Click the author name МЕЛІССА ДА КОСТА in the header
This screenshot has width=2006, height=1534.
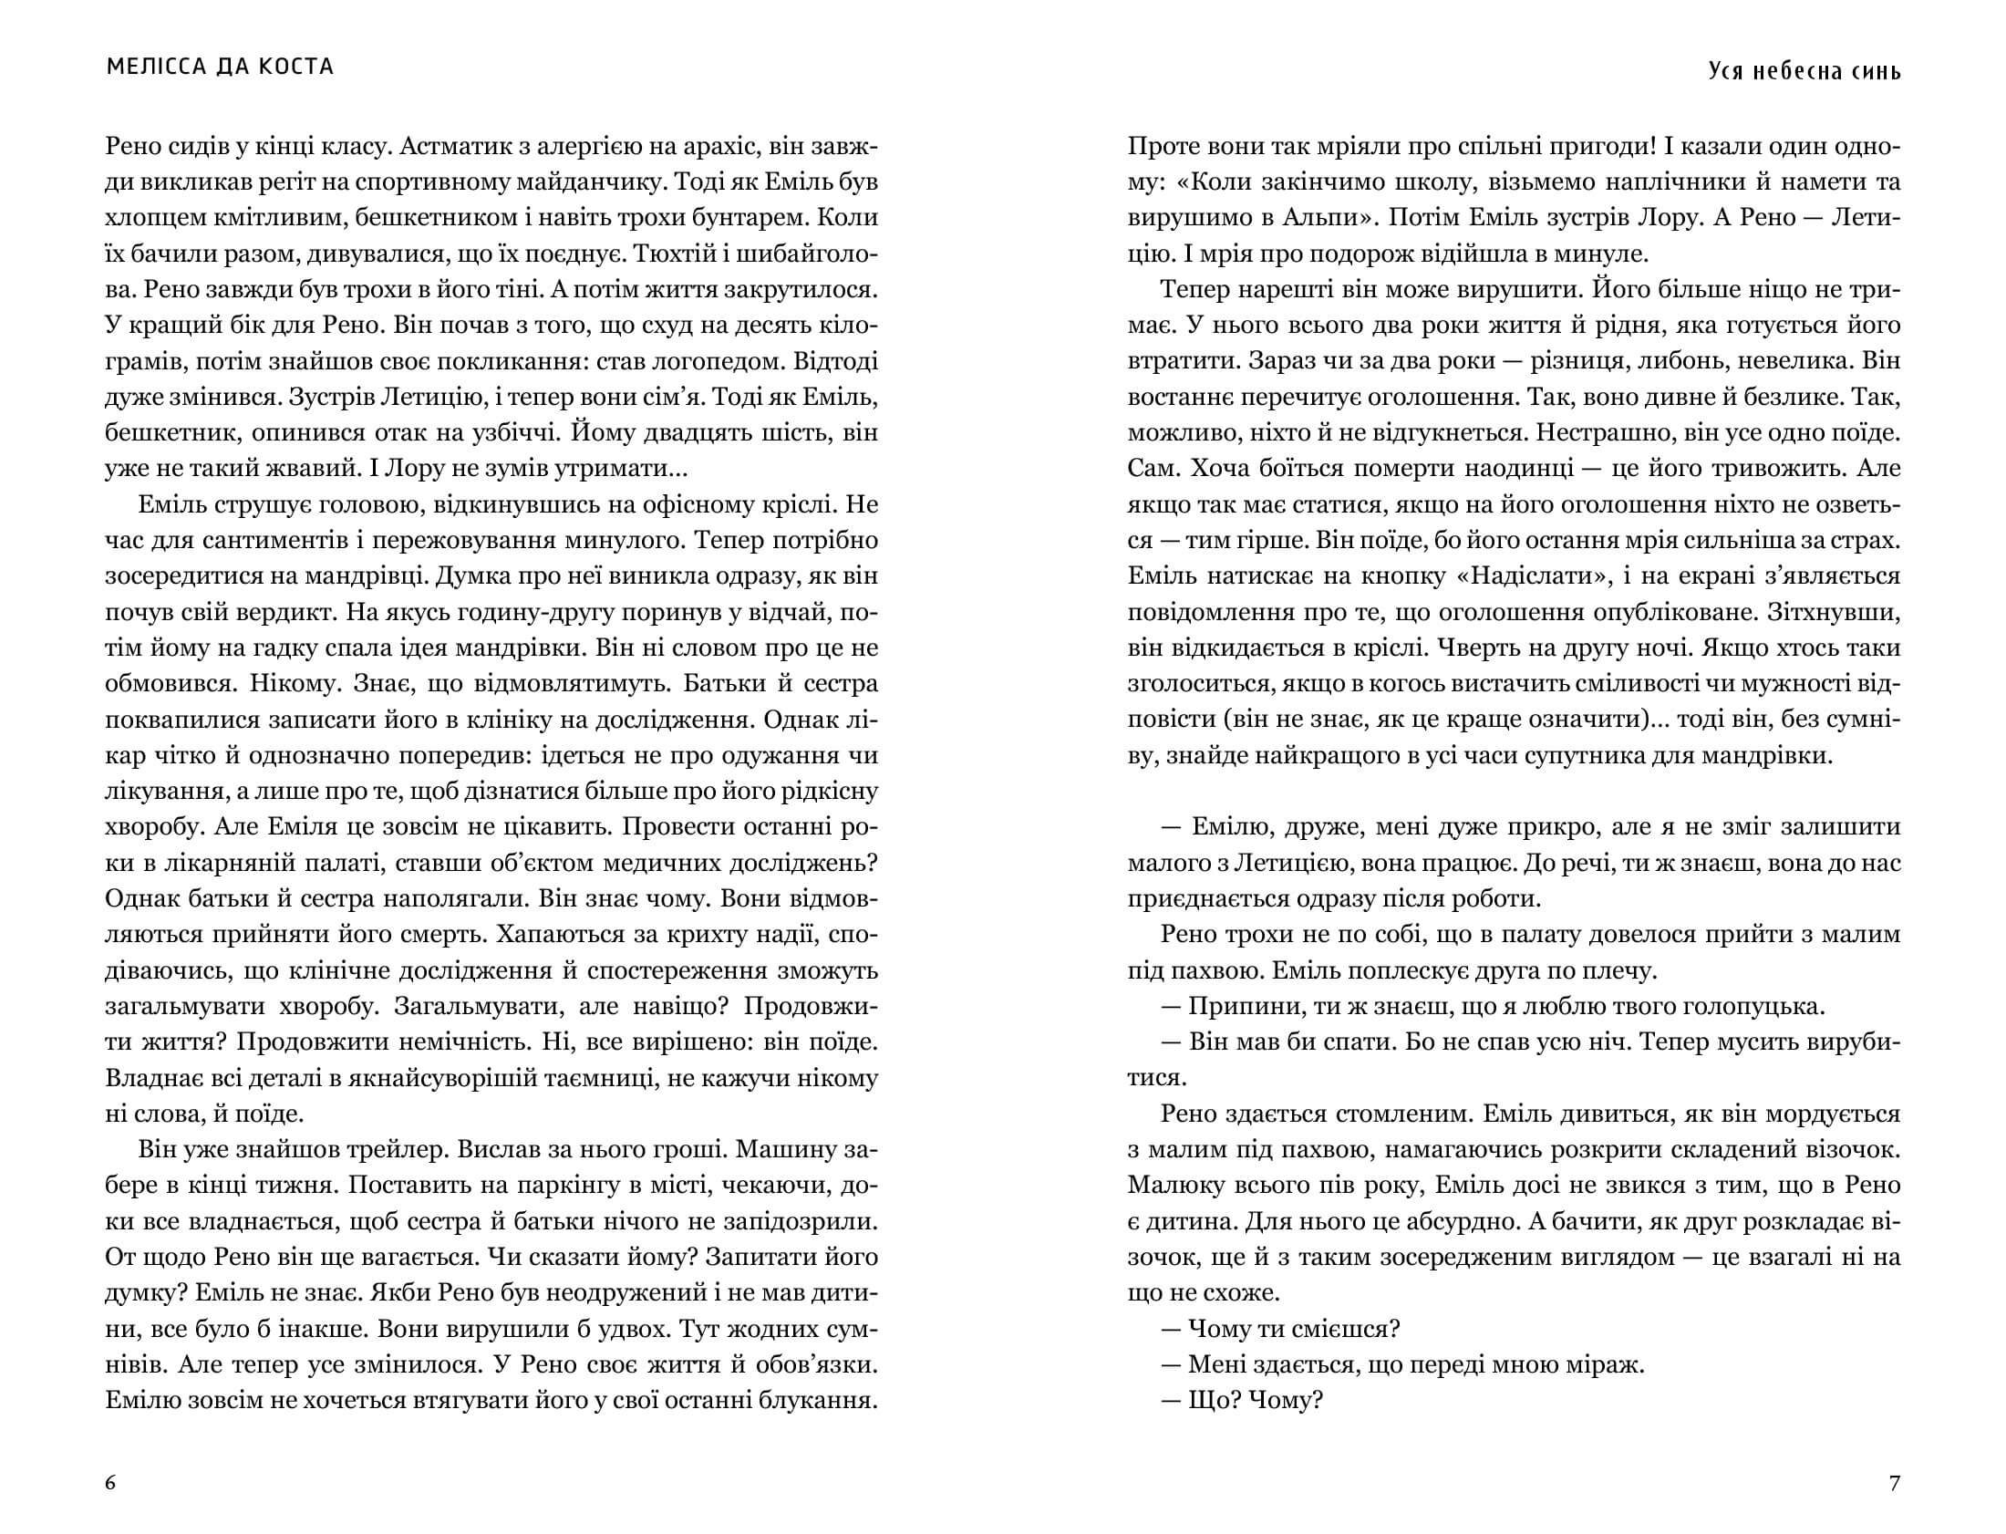220,67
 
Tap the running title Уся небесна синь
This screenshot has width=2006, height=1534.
1804,71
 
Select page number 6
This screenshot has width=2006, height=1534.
110,1482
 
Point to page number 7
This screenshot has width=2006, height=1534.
1894,1483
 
